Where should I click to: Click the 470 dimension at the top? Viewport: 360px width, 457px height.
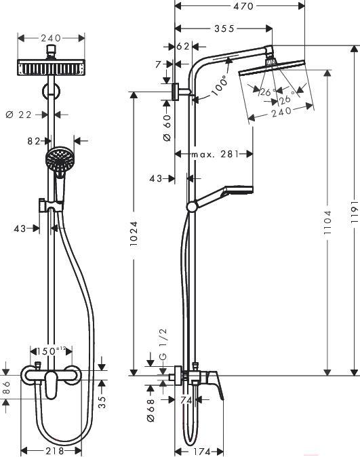point(243,6)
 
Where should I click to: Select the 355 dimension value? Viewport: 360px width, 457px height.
point(224,28)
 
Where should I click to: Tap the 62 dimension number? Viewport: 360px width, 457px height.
point(183,46)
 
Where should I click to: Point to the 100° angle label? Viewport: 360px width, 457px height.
point(220,85)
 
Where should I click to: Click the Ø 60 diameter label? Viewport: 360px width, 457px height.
point(167,127)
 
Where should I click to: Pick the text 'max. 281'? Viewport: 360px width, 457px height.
point(215,154)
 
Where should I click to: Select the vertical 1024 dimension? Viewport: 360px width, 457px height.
point(134,234)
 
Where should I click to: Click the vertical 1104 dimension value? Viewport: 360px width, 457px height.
point(327,223)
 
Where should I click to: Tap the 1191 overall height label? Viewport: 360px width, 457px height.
point(354,212)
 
